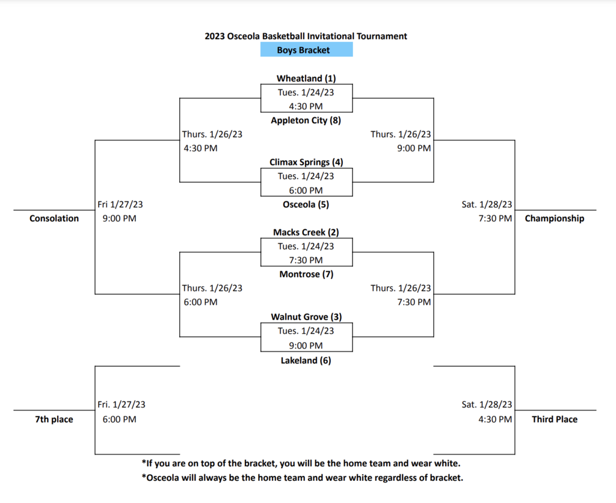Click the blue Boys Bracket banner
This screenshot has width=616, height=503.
click(x=306, y=50)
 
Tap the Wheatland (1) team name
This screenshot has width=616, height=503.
click(x=306, y=79)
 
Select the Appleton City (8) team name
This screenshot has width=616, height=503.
click(x=306, y=120)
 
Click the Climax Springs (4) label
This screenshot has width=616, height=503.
click(x=306, y=162)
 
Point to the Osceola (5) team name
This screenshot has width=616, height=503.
click(x=306, y=204)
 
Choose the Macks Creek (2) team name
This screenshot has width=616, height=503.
click(x=306, y=233)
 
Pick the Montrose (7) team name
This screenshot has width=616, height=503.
click(x=306, y=274)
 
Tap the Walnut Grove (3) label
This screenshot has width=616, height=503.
click(x=306, y=317)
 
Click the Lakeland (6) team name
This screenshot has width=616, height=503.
click(x=306, y=361)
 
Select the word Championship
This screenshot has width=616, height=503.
click(x=554, y=219)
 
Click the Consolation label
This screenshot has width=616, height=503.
click(x=54, y=219)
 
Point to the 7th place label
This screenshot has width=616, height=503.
click(x=54, y=419)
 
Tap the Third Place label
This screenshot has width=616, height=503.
click(x=554, y=419)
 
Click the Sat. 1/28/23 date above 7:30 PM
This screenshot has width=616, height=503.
click(x=487, y=204)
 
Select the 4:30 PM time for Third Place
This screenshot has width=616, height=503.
click(x=495, y=419)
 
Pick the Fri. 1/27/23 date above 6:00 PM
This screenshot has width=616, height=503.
click(x=122, y=404)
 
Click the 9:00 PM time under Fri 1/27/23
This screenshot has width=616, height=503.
click(x=120, y=219)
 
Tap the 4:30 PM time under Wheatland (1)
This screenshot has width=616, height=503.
click(x=306, y=106)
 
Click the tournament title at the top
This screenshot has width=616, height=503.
click(x=306, y=36)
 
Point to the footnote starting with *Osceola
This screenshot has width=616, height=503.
click(x=303, y=478)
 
